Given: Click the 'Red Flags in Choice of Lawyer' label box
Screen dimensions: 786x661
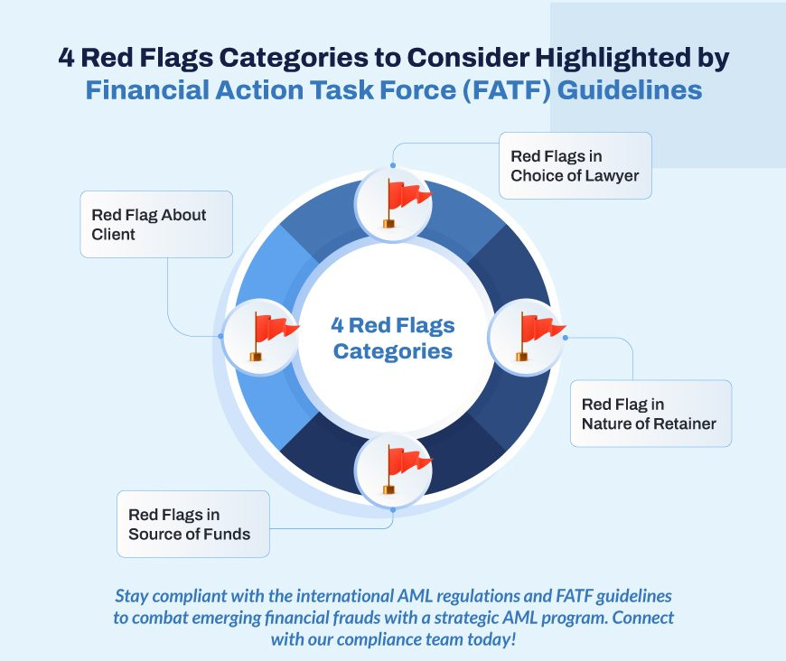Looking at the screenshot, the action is pyautogui.click(x=575, y=165).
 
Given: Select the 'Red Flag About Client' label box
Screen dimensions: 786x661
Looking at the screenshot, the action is pyautogui.click(x=156, y=224).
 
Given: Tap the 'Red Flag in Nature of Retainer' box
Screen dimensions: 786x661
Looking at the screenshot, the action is pyautogui.click(x=650, y=414).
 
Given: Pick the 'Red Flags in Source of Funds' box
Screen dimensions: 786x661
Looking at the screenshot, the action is pyautogui.click(x=193, y=524).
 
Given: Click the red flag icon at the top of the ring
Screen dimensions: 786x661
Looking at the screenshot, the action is pyautogui.click(x=406, y=203).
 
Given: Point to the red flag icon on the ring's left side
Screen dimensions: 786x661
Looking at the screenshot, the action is pyautogui.click(x=273, y=336).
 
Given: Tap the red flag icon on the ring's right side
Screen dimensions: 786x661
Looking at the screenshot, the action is pyautogui.click(x=539, y=336).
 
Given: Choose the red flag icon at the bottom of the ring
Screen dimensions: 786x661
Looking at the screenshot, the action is pyautogui.click(x=406, y=469).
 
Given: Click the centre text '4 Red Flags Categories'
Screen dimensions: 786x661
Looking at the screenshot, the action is pyautogui.click(x=393, y=338).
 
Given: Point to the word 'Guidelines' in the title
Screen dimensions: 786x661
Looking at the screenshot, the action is pyautogui.click(x=630, y=90).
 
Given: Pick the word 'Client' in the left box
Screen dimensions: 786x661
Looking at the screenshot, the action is pyautogui.click(x=113, y=234).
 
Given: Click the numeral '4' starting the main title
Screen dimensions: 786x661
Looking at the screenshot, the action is pyautogui.click(x=66, y=57).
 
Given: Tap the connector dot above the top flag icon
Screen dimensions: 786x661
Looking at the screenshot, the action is pyautogui.click(x=393, y=165).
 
